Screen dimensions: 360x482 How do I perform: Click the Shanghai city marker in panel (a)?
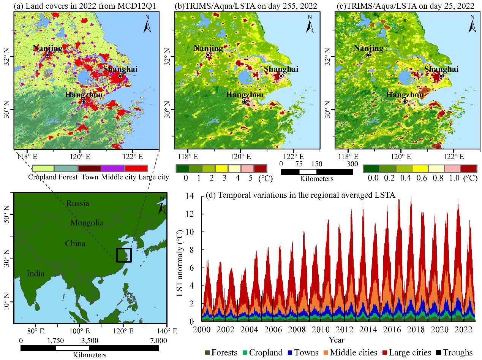point(120,76)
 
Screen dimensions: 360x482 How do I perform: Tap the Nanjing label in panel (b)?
point(209,48)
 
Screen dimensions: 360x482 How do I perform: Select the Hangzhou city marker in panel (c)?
point(405,101)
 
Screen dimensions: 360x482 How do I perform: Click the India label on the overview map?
point(35,273)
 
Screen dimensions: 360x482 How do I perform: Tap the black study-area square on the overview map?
point(124,255)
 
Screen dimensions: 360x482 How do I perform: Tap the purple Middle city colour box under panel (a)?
point(113,168)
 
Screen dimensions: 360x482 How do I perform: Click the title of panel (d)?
point(300,195)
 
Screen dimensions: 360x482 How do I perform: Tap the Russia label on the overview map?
point(78,203)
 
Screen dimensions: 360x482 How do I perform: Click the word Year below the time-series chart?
point(337,339)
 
